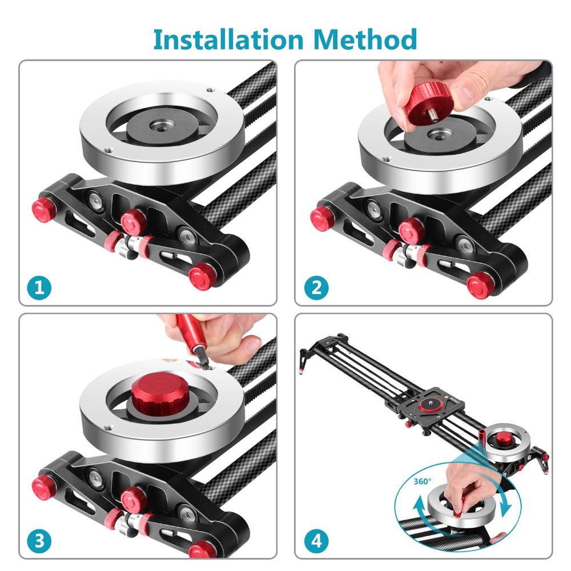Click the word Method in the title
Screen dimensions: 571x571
point(365,39)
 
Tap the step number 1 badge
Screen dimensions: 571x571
point(39,287)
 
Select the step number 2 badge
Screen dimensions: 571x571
point(316,287)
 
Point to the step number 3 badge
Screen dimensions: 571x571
point(39,540)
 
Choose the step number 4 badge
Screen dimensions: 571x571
point(316,540)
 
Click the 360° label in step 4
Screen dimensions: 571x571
point(423,481)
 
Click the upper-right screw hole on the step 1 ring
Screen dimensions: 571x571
point(211,90)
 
